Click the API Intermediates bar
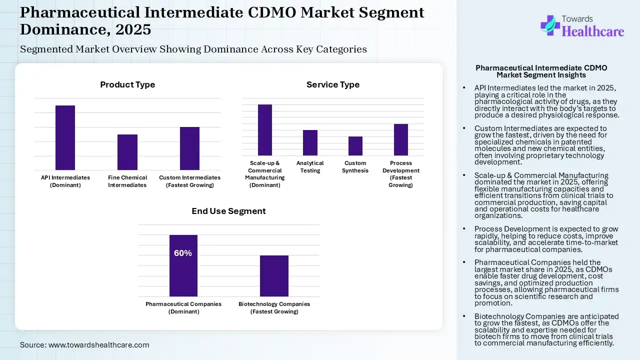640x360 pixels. click(x=65, y=137)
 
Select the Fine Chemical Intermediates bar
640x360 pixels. click(x=127, y=152)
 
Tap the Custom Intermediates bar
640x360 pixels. click(x=189, y=148)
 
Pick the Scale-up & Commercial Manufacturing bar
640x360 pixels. click(x=265, y=130)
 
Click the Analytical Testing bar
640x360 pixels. click(x=310, y=142)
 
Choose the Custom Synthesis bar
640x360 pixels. click(x=355, y=146)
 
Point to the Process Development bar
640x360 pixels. click(x=401, y=139)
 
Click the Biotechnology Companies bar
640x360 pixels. click(x=274, y=276)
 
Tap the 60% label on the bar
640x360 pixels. click(x=183, y=253)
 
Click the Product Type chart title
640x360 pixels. click(x=127, y=85)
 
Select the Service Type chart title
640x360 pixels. click(x=333, y=85)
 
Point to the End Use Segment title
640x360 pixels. click(x=228, y=211)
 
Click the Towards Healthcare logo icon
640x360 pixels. click(x=550, y=25)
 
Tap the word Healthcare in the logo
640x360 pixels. click(x=593, y=31)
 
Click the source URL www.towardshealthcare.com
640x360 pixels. click(x=98, y=345)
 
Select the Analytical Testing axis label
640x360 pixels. click(x=310, y=167)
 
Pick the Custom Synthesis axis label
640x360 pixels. click(x=355, y=167)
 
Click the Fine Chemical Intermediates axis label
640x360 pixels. click(x=127, y=181)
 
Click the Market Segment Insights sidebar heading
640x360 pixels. click(x=541, y=71)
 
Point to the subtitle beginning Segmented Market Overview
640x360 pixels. click(x=193, y=49)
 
